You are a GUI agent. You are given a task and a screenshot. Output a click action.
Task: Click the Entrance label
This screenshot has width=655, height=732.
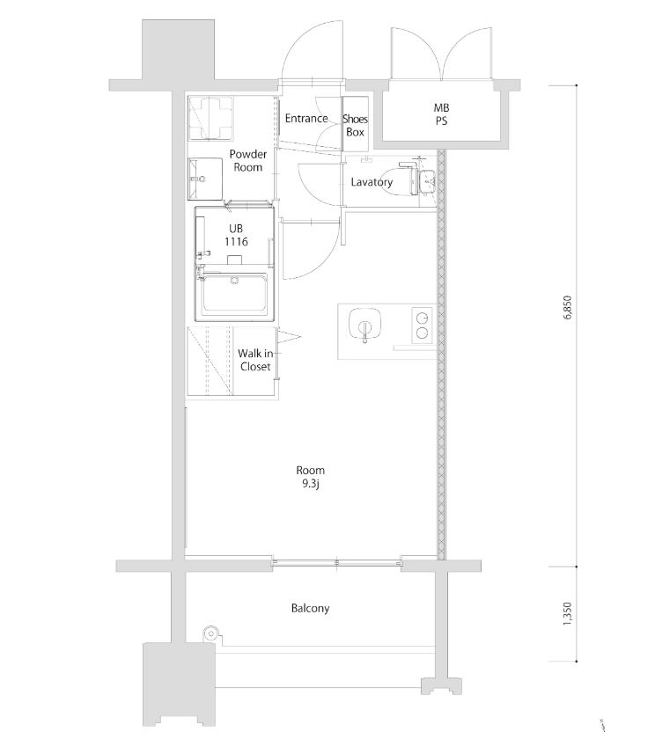(306, 119)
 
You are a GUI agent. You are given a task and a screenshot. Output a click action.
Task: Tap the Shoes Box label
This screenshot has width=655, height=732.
(355, 125)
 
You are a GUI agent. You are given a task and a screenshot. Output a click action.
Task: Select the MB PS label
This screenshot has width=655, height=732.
(441, 115)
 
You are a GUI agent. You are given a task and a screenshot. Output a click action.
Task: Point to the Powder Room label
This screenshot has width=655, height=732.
(247, 160)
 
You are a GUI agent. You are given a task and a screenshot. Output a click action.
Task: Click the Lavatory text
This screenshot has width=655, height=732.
(371, 183)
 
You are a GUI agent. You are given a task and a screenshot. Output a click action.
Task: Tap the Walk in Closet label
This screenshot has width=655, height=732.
(254, 360)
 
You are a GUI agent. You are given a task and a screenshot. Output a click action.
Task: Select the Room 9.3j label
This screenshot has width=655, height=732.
(311, 476)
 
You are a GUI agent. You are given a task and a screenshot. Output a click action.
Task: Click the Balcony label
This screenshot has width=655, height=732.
(310, 608)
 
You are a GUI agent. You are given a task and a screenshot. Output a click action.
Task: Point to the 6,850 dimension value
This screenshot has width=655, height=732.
(568, 309)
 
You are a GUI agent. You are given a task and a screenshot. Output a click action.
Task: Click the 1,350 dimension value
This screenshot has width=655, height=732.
(568, 612)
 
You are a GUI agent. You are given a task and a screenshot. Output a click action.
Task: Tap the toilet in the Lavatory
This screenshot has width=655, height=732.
(417, 180)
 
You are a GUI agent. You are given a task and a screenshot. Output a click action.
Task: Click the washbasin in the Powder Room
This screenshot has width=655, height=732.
(207, 179)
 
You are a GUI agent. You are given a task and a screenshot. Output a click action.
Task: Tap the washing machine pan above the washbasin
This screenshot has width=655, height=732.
(212, 116)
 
